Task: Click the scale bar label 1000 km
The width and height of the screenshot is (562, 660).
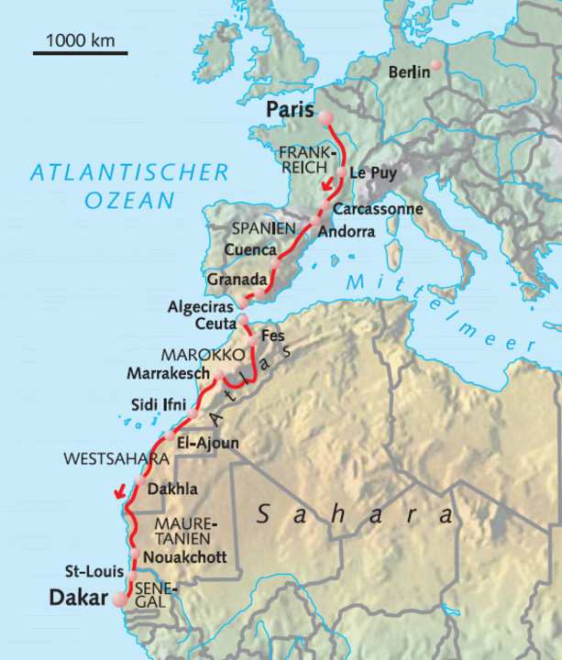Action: point(80,40)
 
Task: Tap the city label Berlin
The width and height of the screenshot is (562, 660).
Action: point(409,71)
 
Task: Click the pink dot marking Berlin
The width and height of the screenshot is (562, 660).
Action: point(437,65)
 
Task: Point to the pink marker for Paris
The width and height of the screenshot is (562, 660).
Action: point(325,116)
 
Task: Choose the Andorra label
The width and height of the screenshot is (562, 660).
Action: point(346,232)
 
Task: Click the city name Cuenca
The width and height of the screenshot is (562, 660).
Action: point(250,249)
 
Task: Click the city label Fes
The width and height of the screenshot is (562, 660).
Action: point(273,335)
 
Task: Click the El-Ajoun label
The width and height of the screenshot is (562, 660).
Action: point(208,443)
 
